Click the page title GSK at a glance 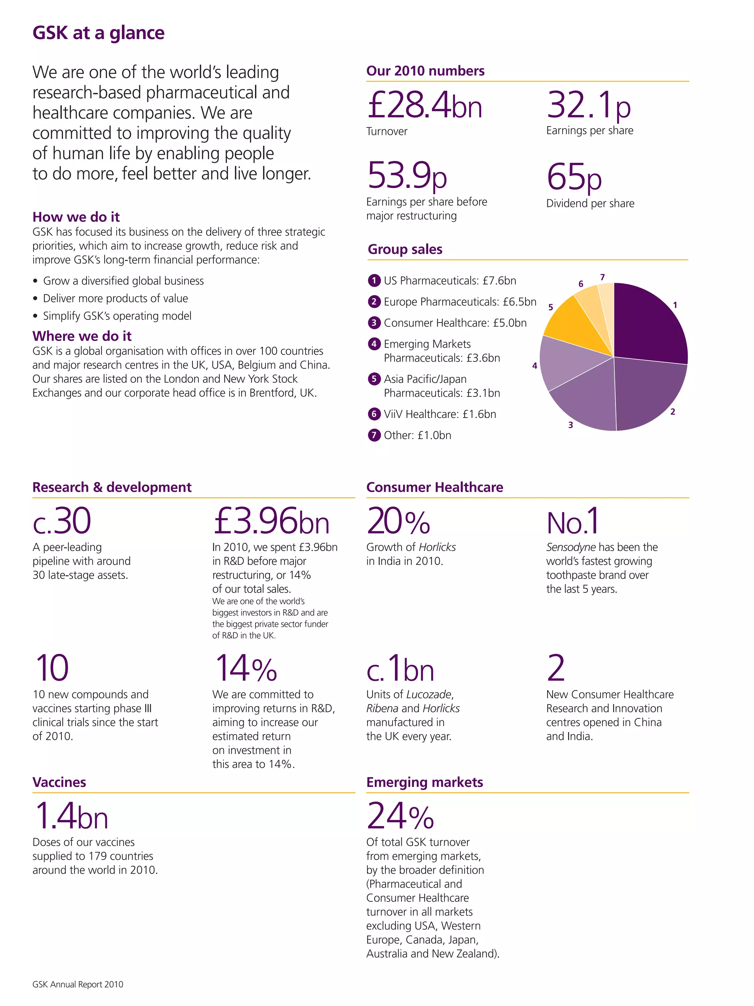click(98, 33)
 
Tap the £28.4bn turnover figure click(424, 105)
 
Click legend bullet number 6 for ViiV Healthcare click(374, 414)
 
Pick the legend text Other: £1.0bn click(417, 435)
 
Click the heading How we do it click(76, 217)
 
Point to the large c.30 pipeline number click(62, 521)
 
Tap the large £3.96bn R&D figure click(271, 521)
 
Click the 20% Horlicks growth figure click(398, 521)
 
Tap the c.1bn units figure click(400, 669)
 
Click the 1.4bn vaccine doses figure click(71, 816)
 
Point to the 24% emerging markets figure click(400, 816)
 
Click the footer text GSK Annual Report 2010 click(78, 985)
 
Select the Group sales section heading click(405, 249)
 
